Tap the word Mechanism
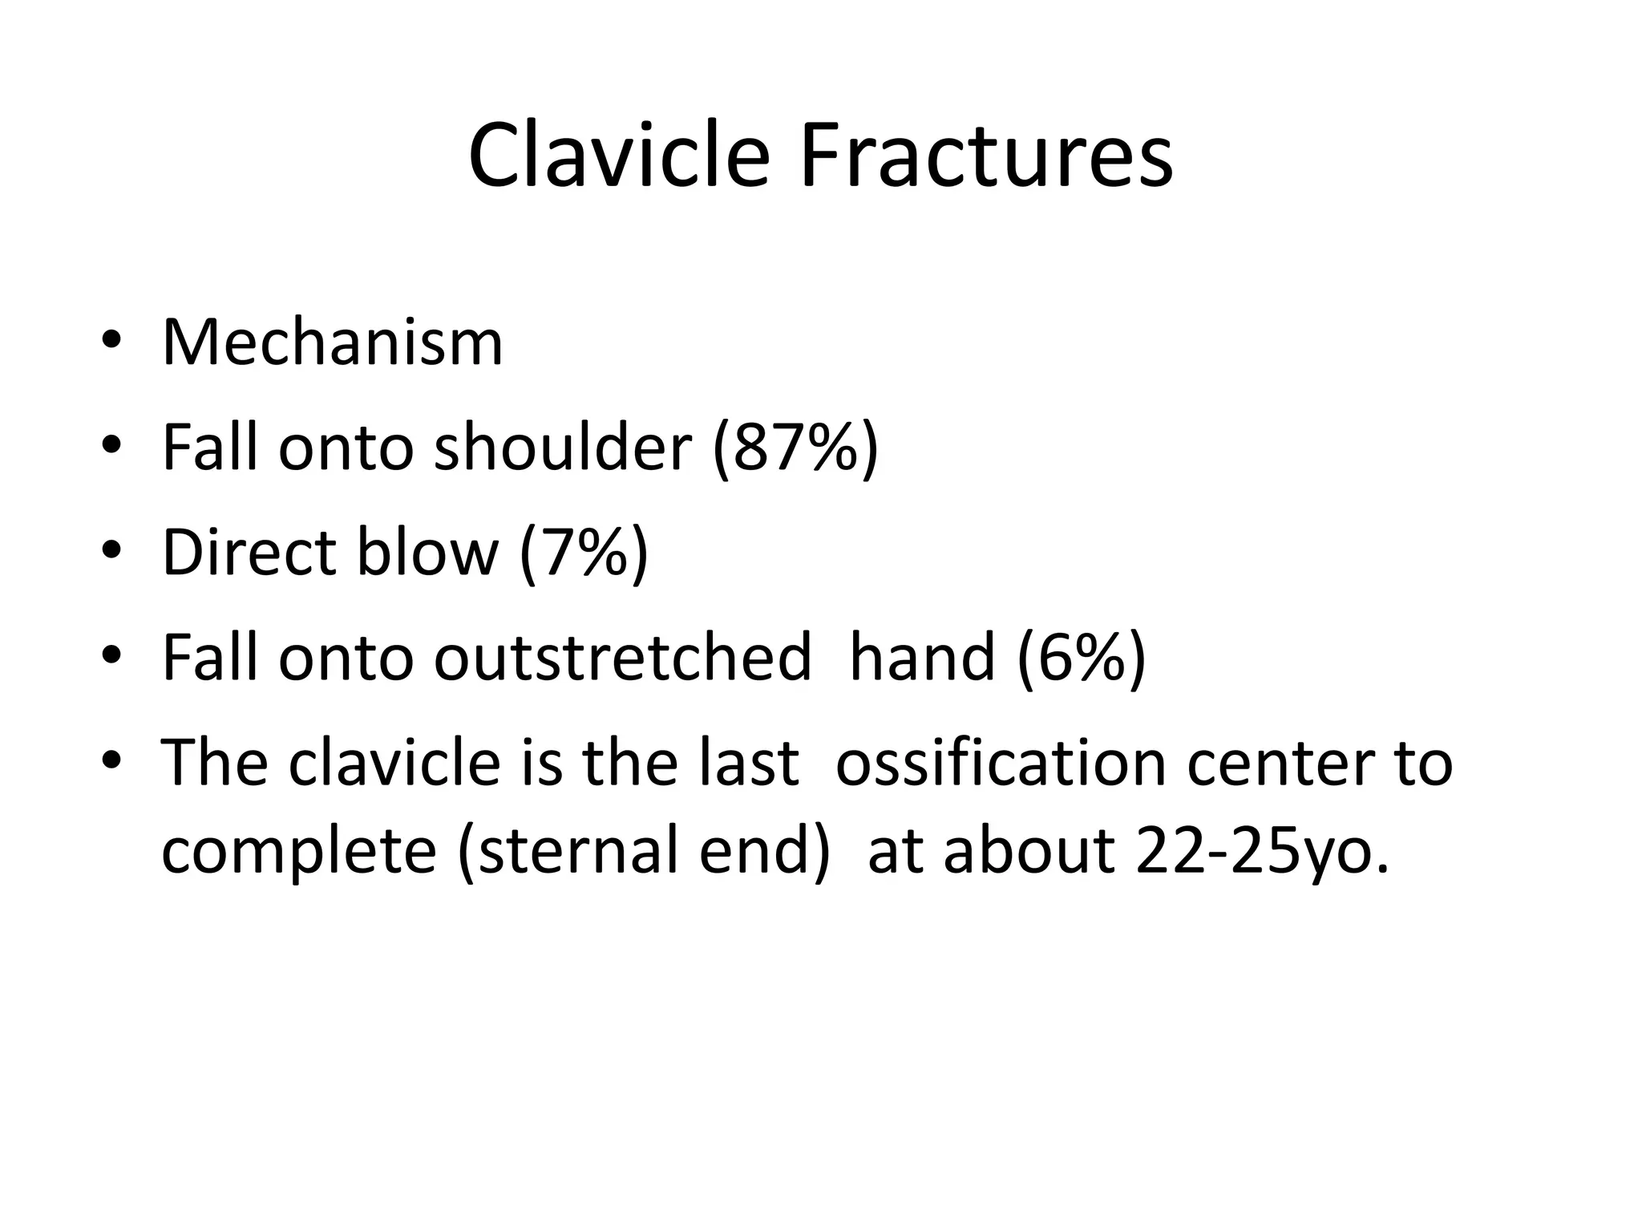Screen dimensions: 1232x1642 332,342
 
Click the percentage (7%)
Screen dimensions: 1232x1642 583,553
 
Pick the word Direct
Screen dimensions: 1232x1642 249,553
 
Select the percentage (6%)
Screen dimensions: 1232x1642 1082,658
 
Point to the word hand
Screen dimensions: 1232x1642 921,658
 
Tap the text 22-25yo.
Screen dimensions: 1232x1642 1262,851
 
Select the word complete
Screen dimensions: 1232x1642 298,851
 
